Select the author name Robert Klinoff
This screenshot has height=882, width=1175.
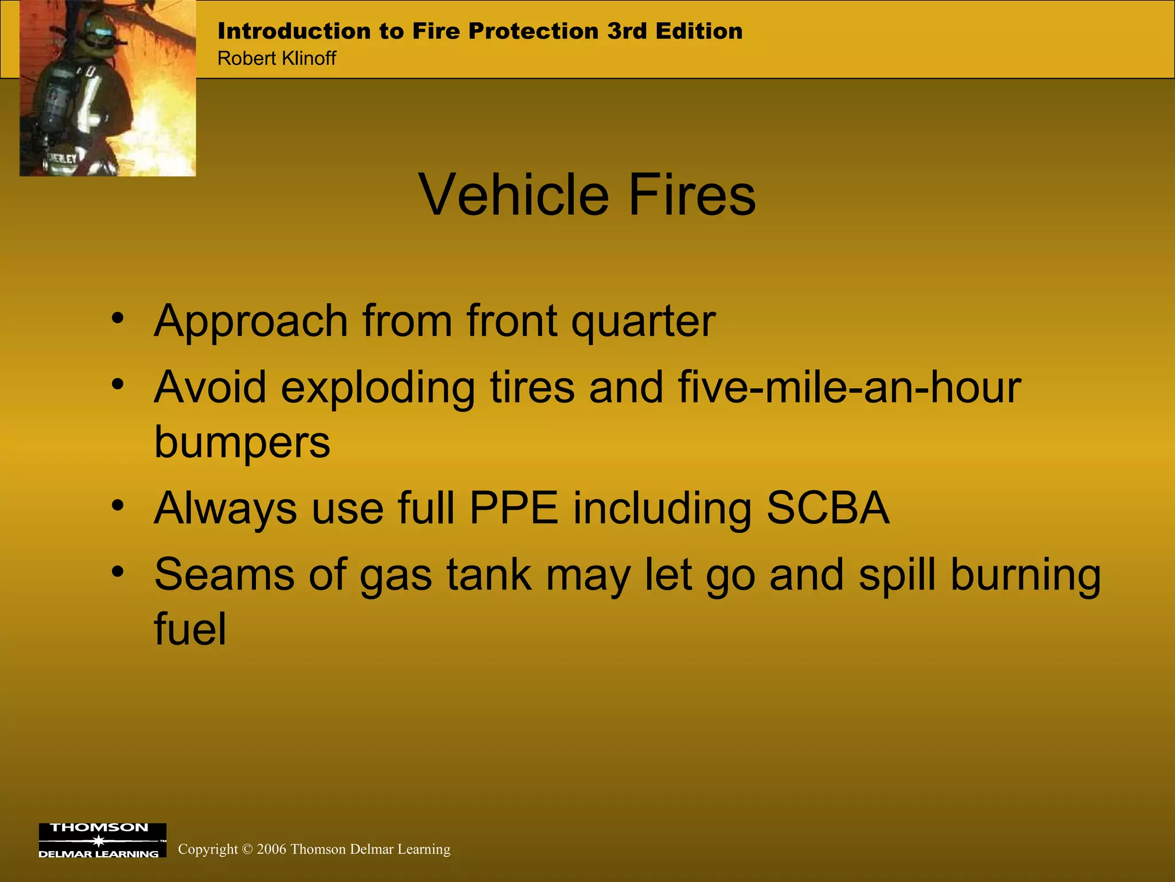pyautogui.click(x=277, y=58)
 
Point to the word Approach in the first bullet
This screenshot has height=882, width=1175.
pyautogui.click(x=251, y=322)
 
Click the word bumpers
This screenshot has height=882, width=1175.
pyautogui.click(x=242, y=443)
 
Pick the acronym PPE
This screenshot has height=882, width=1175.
pyautogui.click(x=514, y=509)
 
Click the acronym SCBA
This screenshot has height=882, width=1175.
pyautogui.click(x=828, y=509)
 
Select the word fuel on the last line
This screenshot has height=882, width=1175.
pyautogui.click(x=190, y=629)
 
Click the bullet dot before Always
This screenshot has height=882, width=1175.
pyautogui.click(x=118, y=506)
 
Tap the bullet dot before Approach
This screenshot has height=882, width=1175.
pyautogui.click(x=118, y=319)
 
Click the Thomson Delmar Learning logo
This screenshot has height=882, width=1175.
pyautogui.click(x=102, y=841)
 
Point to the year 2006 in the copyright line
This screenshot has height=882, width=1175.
pyautogui.click(x=271, y=849)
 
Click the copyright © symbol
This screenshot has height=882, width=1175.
pyautogui.click(x=247, y=849)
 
